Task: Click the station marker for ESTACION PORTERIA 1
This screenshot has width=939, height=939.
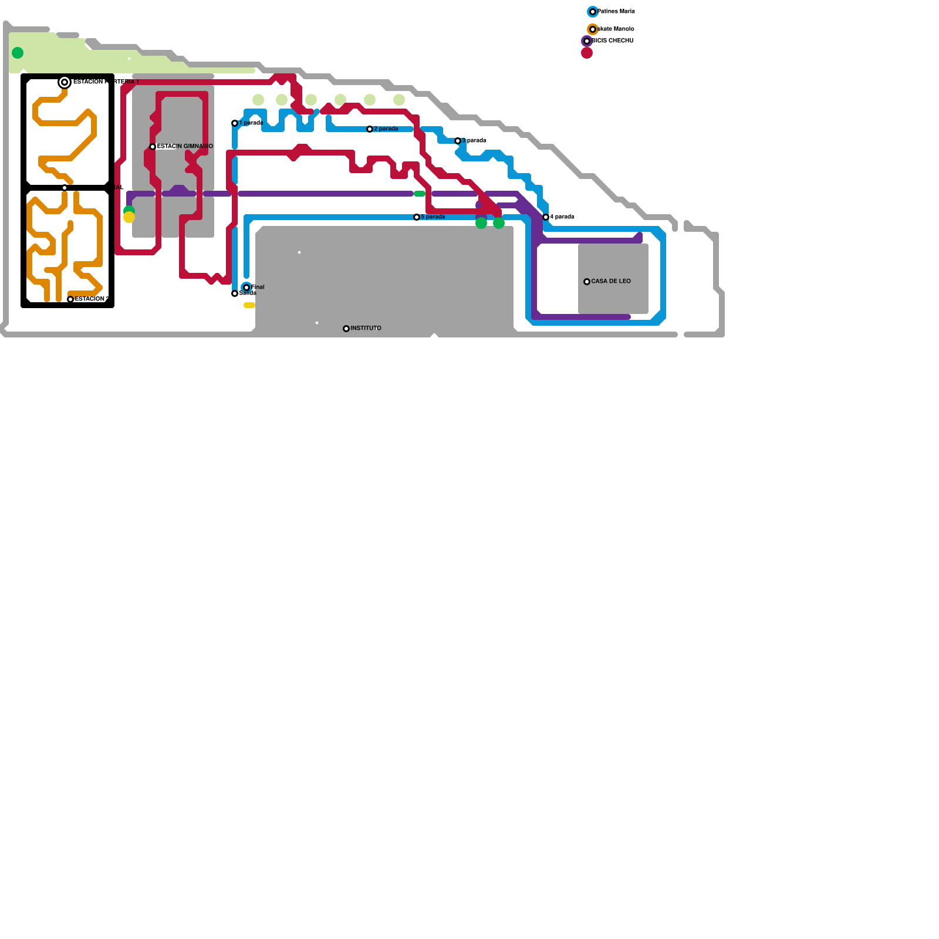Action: pyautogui.click(x=65, y=82)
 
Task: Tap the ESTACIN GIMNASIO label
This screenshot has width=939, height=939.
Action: pyautogui.click(x=185, y=146)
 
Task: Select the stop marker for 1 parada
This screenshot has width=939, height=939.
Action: pyautogui.click(x=235, y=123)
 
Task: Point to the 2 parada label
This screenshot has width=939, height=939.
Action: pyautogui.click(x=386, y=129)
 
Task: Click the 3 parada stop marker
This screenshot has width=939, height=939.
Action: pyautogui.click(x=458, y=141)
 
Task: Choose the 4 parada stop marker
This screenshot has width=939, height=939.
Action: pyautogui.click(x=546, y=217)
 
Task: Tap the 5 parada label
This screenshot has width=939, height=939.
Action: pyautogui.click(x=433, y=217)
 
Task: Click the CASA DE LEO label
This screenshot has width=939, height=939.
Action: pyautogui.click(x=611, y=281)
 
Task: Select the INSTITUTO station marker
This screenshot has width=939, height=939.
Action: pyautogui.click(x=346, y=329)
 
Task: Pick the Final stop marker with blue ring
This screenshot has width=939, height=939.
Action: pyautogui.click(x=246, y=288)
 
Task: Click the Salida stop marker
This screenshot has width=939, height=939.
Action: pyautogui.click(x=235, y=293)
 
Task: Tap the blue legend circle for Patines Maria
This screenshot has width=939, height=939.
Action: pyautogui.click(x=593, y=12)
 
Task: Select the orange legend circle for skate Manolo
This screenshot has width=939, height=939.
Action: pyautogui.click(x=593, y=29)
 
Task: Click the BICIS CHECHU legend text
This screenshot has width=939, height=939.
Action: pyautogui.click(x=613, y=40)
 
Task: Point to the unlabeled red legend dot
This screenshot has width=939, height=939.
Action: pyautogui.click(x=587, y=53)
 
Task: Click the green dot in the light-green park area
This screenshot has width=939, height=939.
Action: pyautogui.click(x=18, y=53)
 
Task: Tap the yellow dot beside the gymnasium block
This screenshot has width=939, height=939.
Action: pyautogui.click(x=129, y=217)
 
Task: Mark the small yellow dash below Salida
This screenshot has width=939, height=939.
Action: pyautogui.click(x=249, y=305)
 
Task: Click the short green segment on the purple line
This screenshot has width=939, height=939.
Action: pyautogui.click(x=420, y=194)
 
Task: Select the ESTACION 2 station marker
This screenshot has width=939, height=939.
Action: pyautogui.click(x=70, y=299)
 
